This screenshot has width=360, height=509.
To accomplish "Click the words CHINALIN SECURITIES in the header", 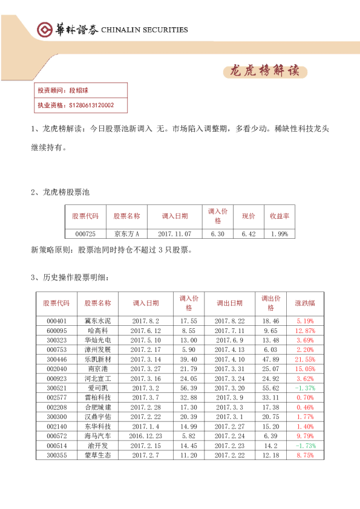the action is tap(145, 30).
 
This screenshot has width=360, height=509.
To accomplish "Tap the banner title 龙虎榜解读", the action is tap(264, 71).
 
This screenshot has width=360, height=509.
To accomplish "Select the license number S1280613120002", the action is tap(91, 105).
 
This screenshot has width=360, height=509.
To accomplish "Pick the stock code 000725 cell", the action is tap(85, 234).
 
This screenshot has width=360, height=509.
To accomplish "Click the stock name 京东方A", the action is tap(126, 234).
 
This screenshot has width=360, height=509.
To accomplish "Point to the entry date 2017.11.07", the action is tap(174, 234).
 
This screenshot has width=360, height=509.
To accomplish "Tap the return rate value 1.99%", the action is tap(280, 234).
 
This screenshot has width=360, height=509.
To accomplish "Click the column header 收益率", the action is tap(280, 216).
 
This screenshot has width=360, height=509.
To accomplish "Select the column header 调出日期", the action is tap(229, 303).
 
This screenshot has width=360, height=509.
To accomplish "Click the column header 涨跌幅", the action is tap(305, 303).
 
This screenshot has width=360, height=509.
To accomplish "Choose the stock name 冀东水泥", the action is tap(98, 321).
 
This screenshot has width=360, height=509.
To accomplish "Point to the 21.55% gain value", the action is tap(305, 359).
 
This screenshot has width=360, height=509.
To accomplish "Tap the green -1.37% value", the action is tap(305, 387).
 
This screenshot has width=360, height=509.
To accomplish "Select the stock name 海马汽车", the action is tap(98, 435).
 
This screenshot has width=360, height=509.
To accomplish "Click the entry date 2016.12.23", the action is tap(145, 435).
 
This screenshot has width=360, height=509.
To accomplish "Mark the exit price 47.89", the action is tap(270, 359).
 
